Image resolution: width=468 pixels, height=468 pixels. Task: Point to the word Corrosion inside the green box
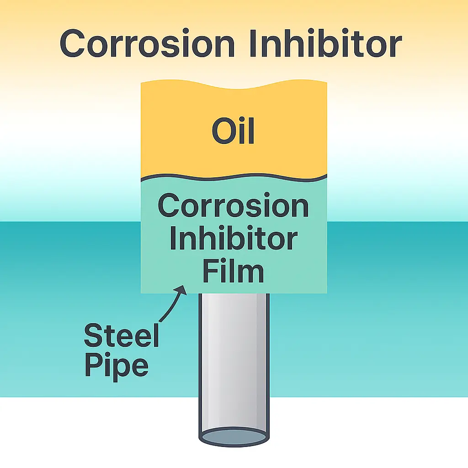click(233, 207)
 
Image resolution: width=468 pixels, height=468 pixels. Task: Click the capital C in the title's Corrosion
click(74, 44)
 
